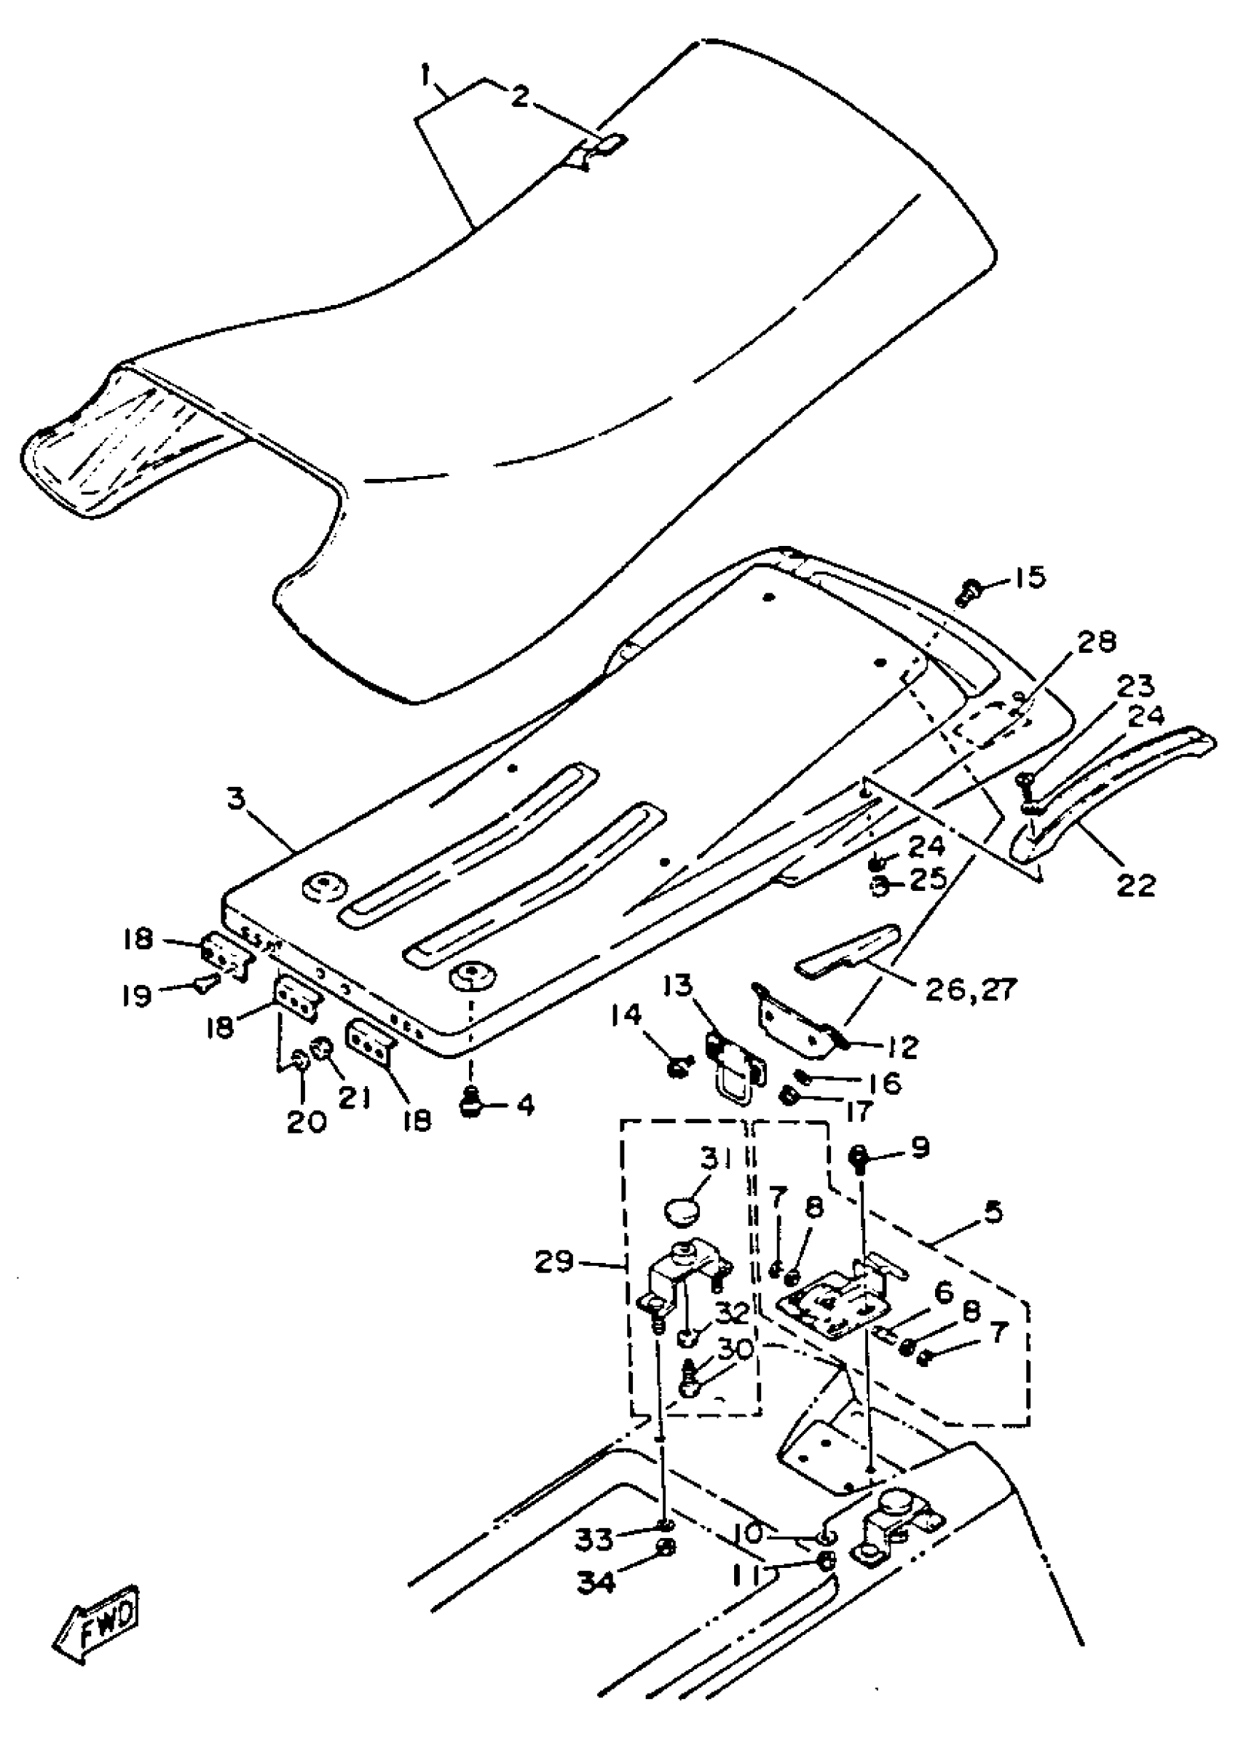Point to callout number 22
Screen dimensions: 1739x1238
click(x=1136, y=885)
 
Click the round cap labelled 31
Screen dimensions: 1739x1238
click(x=682, y=1209)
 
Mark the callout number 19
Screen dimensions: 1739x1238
click(x=138, y=995)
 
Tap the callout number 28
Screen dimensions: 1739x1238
click(x=1096, y=643)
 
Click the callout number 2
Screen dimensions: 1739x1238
click(x=519, y=97)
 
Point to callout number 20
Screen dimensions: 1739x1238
click(x=306, y=1121)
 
